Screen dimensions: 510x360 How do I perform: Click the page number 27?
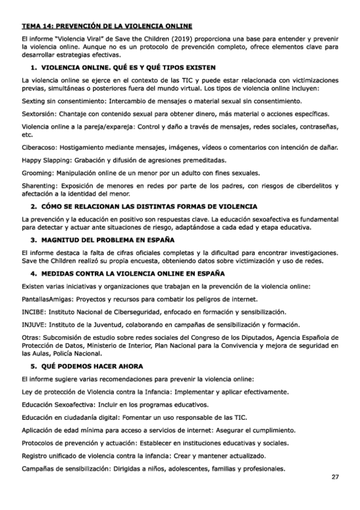coord(335,478)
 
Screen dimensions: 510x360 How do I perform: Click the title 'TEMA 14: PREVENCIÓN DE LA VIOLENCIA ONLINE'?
coord(107,26)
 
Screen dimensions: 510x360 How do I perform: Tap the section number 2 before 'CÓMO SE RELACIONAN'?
coord(34,206)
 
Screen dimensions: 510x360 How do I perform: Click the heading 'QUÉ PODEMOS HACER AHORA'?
coord(93,366)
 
